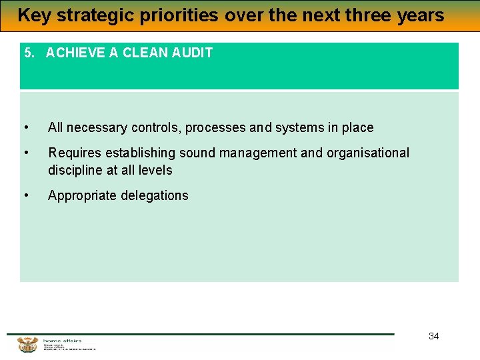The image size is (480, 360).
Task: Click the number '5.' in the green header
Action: (29, 53)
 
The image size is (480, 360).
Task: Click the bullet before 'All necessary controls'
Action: (25, 127)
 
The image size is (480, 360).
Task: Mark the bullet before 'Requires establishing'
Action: (25, 153)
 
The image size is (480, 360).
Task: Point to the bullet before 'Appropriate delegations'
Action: (25, 195)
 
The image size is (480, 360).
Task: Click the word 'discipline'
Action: (75, 170)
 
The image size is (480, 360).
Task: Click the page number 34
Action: (433, 336)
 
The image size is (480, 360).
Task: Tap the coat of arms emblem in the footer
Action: (27, 345)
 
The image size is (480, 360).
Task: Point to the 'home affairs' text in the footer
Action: (62, 341)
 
